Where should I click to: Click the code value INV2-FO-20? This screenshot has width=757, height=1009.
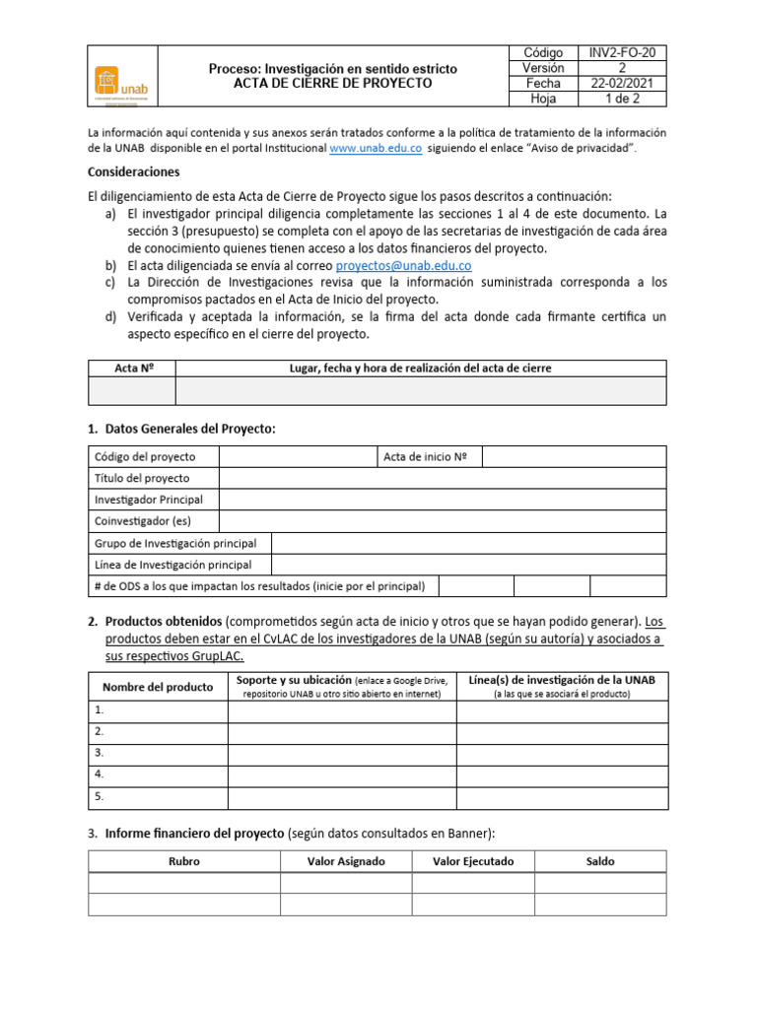click(621, 52)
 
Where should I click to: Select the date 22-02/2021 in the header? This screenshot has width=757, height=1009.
click(621, 84)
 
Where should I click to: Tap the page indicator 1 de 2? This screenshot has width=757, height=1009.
click(621, 99)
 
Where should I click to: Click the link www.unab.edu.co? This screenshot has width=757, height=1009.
click(376, 148)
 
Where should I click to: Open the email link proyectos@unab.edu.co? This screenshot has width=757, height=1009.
click(403, 265)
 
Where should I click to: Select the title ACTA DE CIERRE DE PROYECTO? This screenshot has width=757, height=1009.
click(332, 84)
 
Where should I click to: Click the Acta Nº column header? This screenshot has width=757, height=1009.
click(132, 368)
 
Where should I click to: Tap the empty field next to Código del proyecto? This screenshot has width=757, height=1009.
click(297, 456)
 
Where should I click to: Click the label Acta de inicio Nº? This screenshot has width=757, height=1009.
click(425, 456)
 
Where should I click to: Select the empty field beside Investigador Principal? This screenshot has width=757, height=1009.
click(442, 500)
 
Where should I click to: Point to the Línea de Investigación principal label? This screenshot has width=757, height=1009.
click(172, 565)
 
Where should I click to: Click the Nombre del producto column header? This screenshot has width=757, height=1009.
click(157, 687)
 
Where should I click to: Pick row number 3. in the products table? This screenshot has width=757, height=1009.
click(100, 753)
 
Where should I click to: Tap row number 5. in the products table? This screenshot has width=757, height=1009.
click(100, 796)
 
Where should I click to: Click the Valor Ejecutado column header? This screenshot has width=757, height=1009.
click(473, 861)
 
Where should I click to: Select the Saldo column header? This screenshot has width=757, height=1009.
click(599, 861)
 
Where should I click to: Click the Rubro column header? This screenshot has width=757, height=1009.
click(184, 861)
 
